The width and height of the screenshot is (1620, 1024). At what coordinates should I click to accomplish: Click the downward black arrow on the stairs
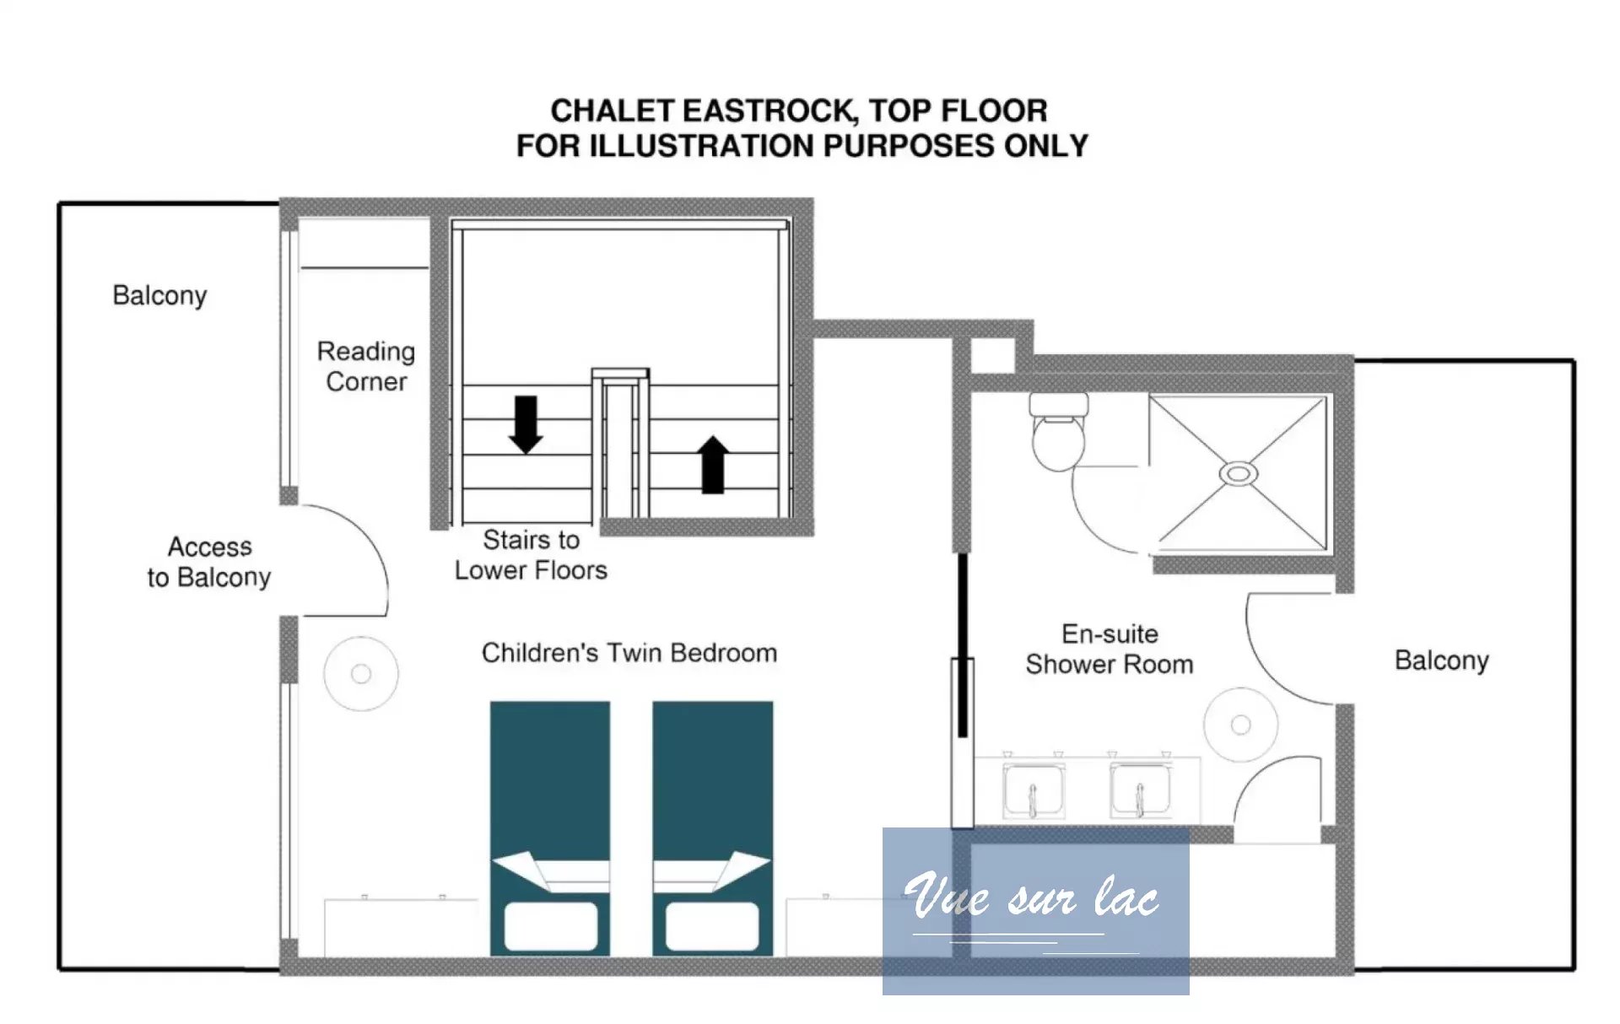click(x=526, y=424)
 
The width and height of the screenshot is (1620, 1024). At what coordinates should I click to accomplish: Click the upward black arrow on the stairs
click(x=713, y=465)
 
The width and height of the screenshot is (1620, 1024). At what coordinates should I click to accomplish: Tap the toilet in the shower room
click(x=1058, y=431)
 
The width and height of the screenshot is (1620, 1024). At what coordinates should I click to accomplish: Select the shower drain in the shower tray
click(x=1238, y=474)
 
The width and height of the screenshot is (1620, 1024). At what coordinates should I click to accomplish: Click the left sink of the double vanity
click(x=1033, y=791)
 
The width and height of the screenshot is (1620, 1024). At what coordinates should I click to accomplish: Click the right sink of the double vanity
click(x=1141, y=791)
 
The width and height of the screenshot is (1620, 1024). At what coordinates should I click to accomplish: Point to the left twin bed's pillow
click(x=551, y=926)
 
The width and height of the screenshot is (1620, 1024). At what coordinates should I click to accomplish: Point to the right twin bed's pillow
click(x=712, y=926)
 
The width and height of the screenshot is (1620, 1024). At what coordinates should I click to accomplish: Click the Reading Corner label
click(x=366, y=366)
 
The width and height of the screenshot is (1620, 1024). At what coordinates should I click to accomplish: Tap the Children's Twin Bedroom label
click(x=629, y=653)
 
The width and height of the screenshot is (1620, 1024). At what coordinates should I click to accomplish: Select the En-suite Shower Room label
click(x=1110, y=649)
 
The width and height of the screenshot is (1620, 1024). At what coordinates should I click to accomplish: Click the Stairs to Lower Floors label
click(x=531, y=554)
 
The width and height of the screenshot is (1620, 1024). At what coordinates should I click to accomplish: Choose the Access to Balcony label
click(x=209, y=562)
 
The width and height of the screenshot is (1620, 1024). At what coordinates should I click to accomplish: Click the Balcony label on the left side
click(x=159, y=295)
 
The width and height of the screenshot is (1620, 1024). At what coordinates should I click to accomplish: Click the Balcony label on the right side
click(x=1442, y=660)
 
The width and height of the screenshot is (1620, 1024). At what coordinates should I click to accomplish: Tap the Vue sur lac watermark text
click(x=1031, y=895)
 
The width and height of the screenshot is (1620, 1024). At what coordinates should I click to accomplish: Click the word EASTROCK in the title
click(x=769, y=110)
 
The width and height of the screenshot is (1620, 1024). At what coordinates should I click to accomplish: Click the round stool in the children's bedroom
click(x=361, y=674)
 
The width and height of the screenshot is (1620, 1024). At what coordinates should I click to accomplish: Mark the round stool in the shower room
click(x=1240, y=725)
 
